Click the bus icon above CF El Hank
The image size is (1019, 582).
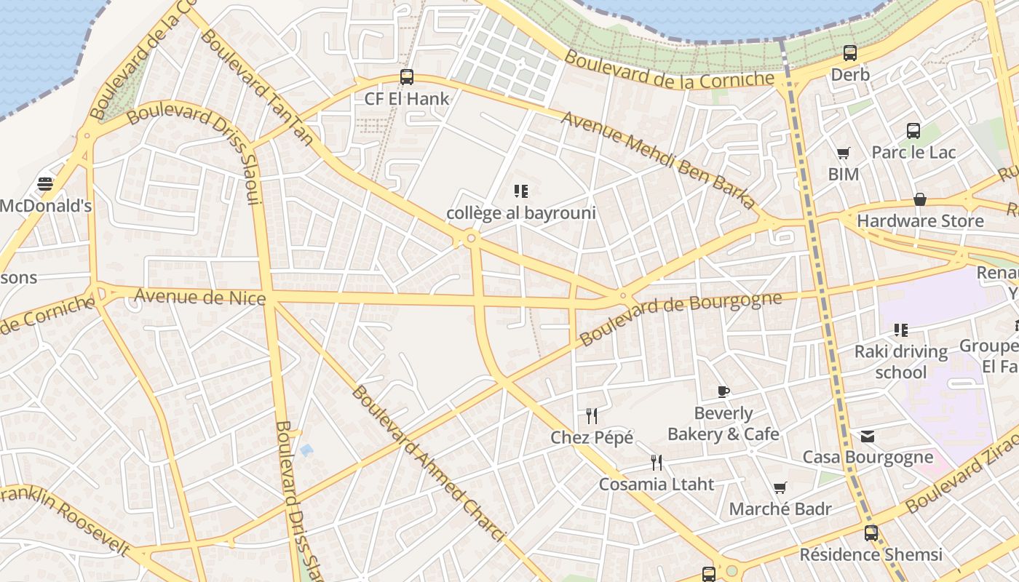coord(407,76)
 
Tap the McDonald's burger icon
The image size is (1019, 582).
coord(45,184)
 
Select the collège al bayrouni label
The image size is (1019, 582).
coord(521,213)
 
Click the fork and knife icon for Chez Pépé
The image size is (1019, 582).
coord(592,415)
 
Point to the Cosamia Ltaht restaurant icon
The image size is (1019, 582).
coord(657,462)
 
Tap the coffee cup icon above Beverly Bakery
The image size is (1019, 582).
coord(723,391)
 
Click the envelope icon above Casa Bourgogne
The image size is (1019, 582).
coord(867,436)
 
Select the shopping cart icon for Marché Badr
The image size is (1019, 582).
coord(780,487)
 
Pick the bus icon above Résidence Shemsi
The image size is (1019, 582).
coord(871,533)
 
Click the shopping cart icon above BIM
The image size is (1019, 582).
coord(843,153)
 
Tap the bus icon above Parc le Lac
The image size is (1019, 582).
coord(913,131)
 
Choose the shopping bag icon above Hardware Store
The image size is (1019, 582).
coord(920,199)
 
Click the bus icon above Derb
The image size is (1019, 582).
coord(849,52)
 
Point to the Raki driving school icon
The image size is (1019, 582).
coord(901,330)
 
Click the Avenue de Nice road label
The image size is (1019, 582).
coord(199,297)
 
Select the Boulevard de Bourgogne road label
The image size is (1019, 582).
coord(681,318)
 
